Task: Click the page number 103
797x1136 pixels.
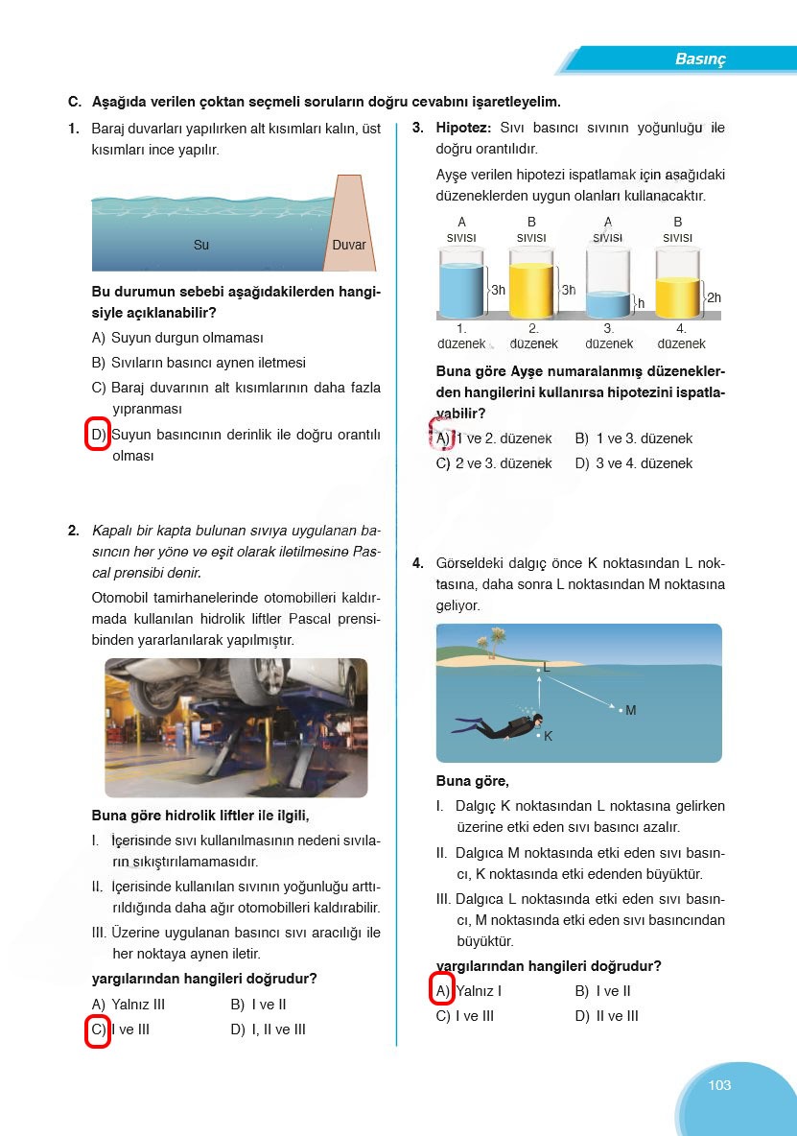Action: (x=719, y=1085)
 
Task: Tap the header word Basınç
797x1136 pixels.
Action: (x=700, y=59)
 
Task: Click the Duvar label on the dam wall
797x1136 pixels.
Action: (x=349, y=245)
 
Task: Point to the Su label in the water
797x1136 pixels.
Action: (x=201, y=245)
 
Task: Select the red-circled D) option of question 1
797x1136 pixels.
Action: (x=98, y=435)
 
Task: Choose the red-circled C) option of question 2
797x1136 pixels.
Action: (x=98, y=1030)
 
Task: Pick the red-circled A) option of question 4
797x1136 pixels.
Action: (x=442, y=991)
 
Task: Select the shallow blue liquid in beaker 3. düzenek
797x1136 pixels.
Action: (x=608, y=304)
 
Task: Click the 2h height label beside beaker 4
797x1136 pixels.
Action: (x=714, y=298)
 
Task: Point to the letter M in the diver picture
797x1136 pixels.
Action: (x=630, y=711)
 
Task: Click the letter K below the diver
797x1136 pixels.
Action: (x=548, y=737)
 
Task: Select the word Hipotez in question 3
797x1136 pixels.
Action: (x=463, y=128)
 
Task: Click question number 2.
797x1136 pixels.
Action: (x=74, y=530)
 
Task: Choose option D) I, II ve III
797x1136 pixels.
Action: (x=268, y=1029)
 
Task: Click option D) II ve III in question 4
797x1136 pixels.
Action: (x=606, y=1016)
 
